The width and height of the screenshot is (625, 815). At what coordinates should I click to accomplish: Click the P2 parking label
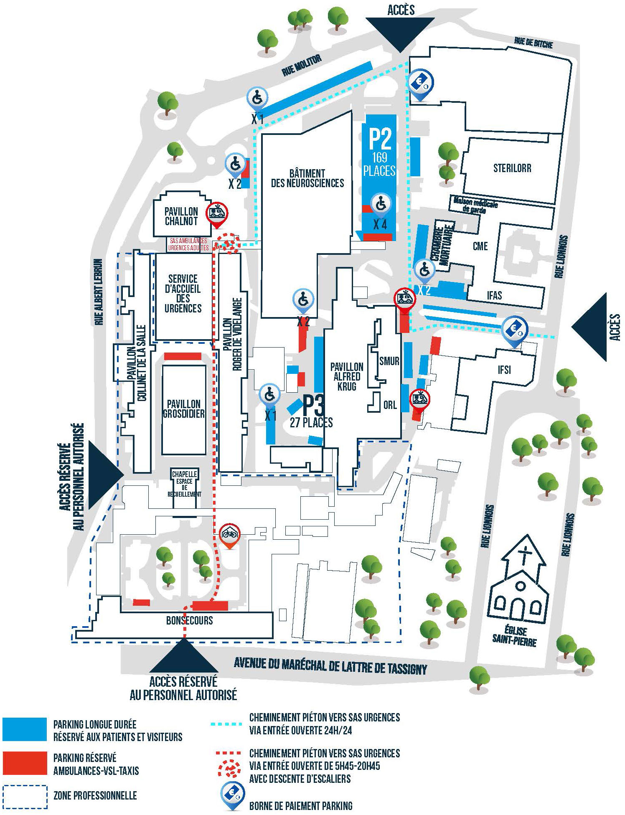click(x=380, y=139)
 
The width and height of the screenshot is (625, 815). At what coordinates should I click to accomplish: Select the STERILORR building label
click(x=512, y=168)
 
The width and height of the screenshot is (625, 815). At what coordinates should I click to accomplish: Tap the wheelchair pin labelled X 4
click(x=381, y=205)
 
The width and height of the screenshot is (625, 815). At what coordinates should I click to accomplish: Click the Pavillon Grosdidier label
click(x=184, y=409)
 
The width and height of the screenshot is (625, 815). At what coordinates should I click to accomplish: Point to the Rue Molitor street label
click(x=302, y=66)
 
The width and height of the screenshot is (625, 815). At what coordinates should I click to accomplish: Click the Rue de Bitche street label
click(x=534, y=42)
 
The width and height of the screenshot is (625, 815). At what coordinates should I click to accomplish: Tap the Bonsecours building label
click(x=190, y=620)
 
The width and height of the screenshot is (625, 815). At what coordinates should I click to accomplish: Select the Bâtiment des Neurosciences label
click(x=307, y=178)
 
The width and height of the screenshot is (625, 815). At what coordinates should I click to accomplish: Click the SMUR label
click(x=389, y=361)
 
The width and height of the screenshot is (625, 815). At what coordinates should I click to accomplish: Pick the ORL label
click(x=390, y=405)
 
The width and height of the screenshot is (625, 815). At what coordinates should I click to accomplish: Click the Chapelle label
click(x=185, y=474)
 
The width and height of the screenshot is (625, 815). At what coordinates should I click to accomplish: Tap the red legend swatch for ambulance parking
click(x=25, y=763)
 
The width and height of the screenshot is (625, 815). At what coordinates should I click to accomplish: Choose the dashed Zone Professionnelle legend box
click(x=25, y=797)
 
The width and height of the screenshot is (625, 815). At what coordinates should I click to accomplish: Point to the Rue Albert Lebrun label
click(x=99, y=292)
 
